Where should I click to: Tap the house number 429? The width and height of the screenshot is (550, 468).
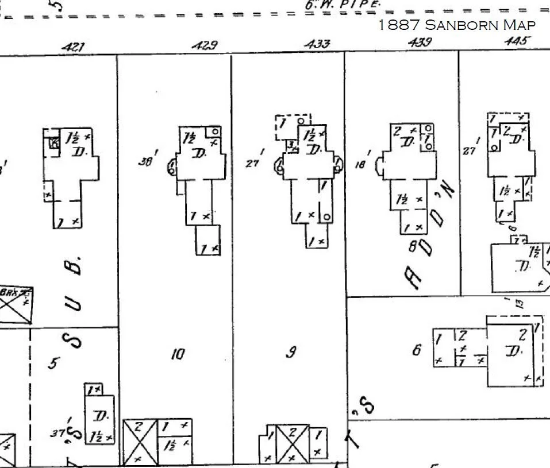click(x=204, y=45)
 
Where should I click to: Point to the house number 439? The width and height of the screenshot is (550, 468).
click(x=420, y=42)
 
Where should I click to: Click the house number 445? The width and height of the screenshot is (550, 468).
click(x=517, y=41)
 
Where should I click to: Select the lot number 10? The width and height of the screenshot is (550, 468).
click(x=177, y=354)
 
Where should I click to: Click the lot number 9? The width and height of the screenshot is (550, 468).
click(x=291, y=353)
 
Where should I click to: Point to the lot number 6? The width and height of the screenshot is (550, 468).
click(x=417, y=349)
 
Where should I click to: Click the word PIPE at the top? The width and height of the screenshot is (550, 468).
click(x=360, y=5)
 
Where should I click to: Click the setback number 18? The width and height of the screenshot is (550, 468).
click(x=360, y=164)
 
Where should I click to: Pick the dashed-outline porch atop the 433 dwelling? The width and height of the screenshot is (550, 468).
click(x=292, y=126)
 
